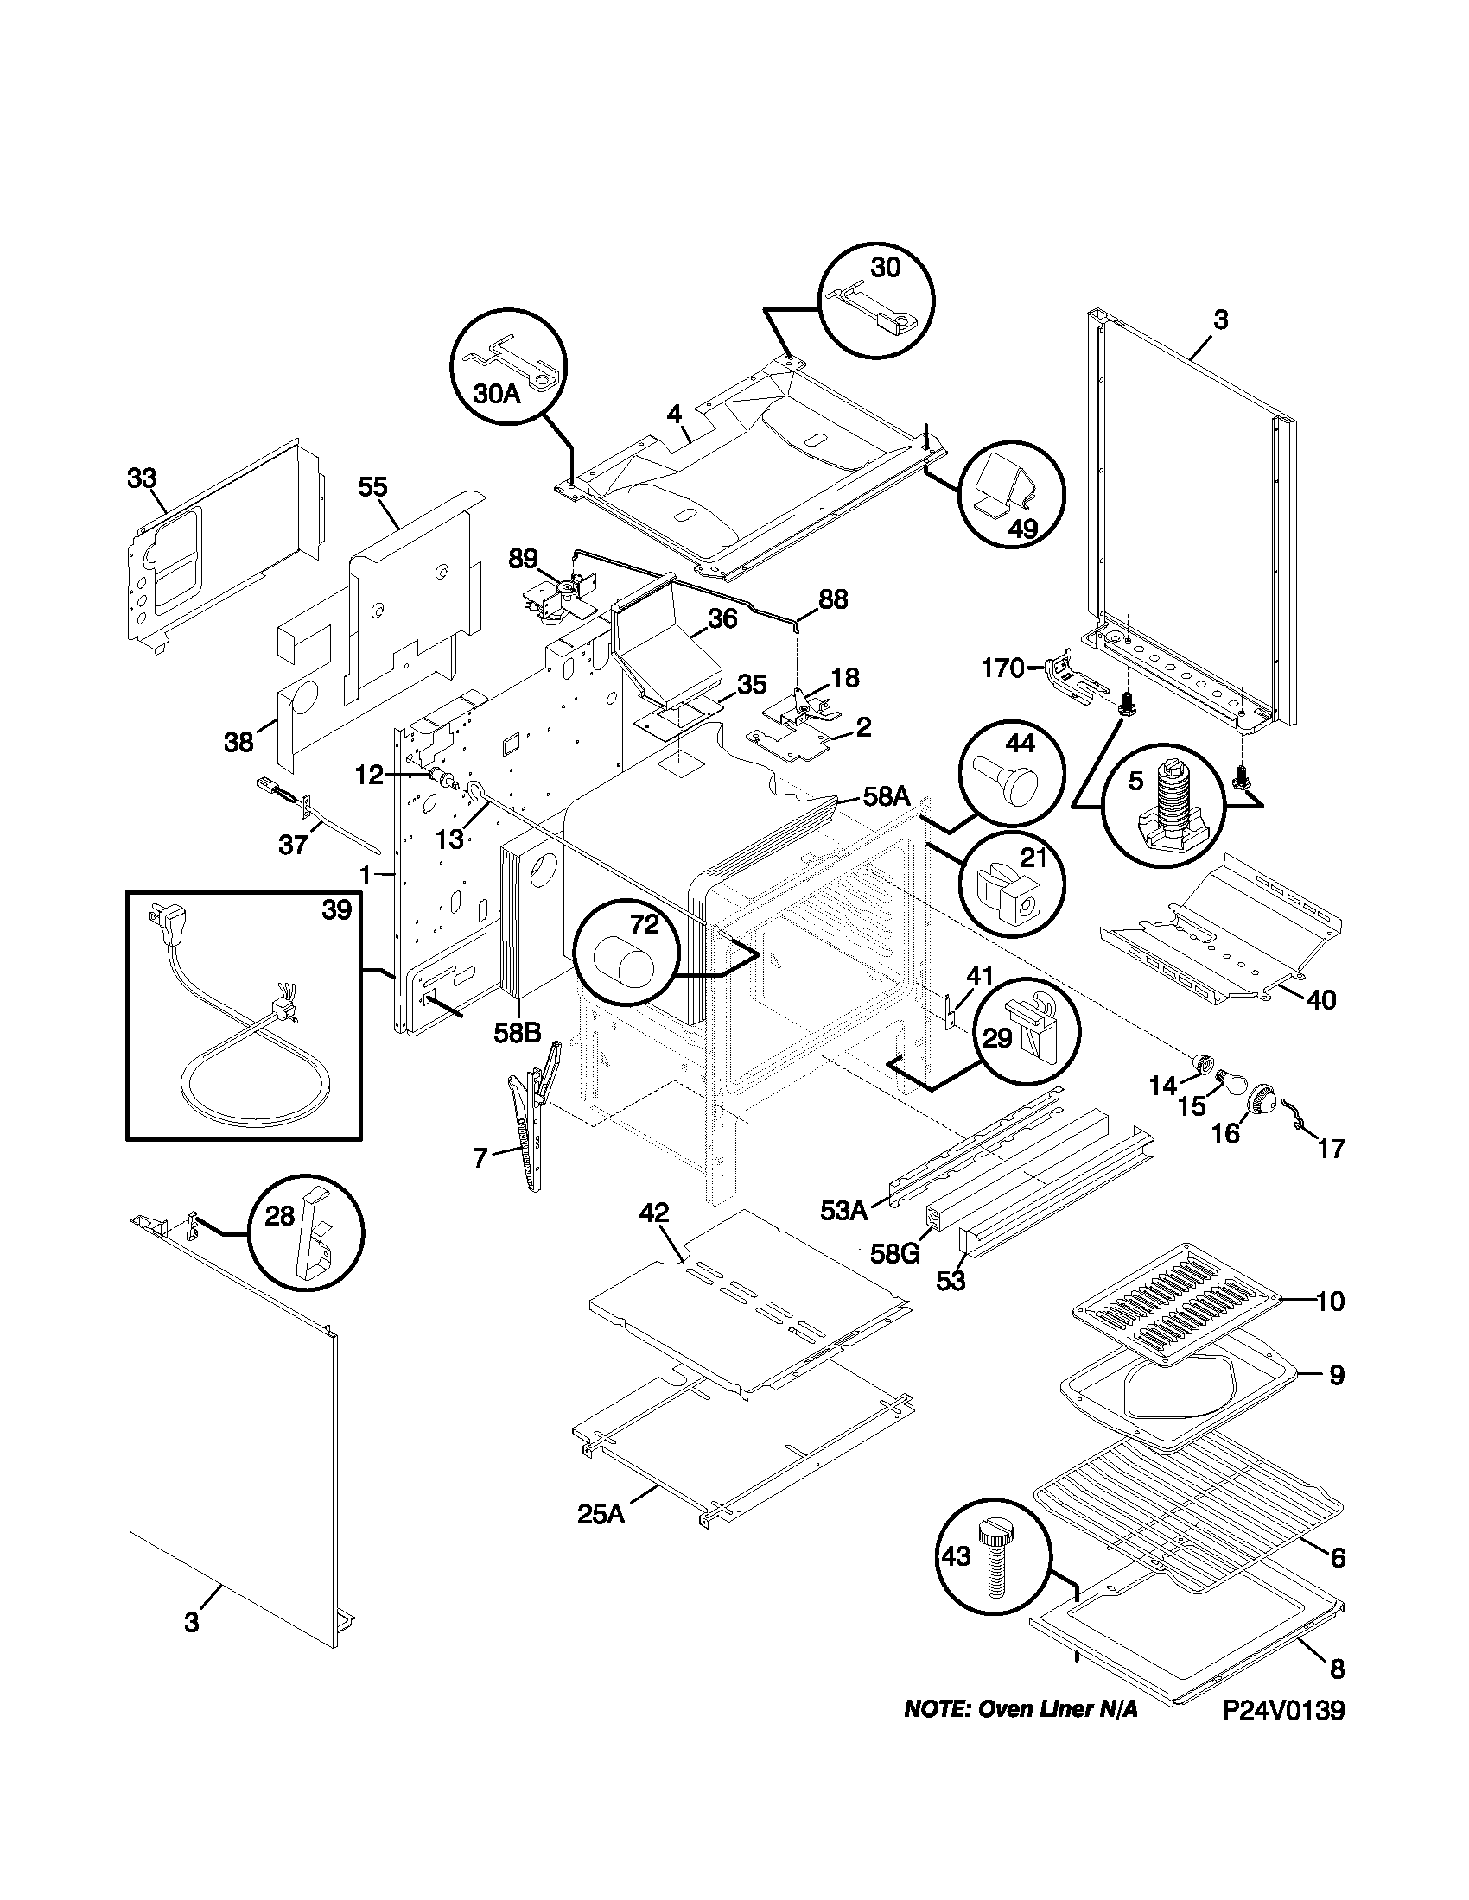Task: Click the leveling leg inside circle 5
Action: click(1167, 805)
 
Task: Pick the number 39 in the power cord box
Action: click(336, 910)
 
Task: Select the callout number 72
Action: click(645, 925)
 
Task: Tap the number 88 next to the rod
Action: click(833, 599)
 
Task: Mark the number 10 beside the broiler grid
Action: click(1330, 1327)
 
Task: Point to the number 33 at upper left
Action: click(142, 478)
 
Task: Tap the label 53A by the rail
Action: click(843, 1210)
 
